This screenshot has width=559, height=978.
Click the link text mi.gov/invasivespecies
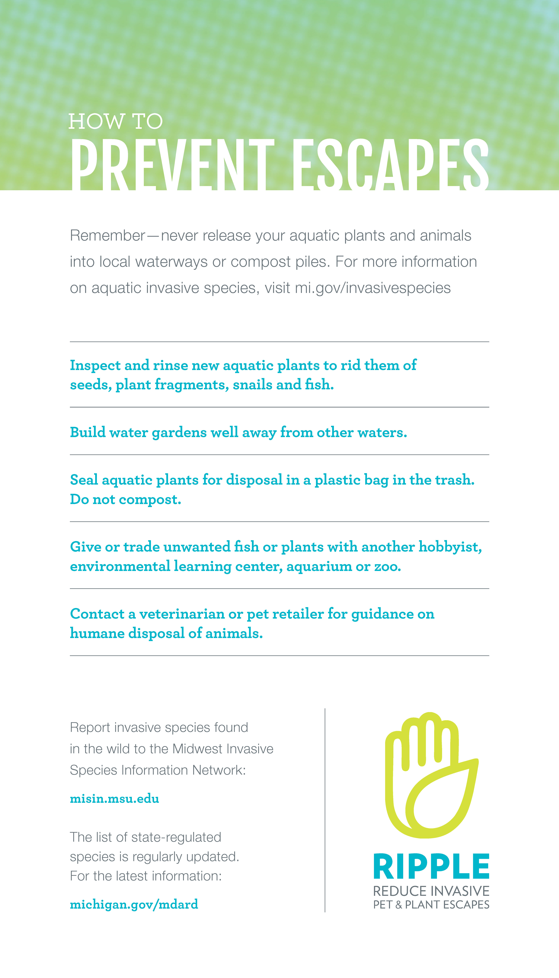click(372, 288)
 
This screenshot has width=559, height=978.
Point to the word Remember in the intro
click(107, 236)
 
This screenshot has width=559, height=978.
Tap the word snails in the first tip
click(253, 385)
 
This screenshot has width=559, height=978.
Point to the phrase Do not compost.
click(125, 499)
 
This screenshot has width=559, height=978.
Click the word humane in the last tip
click(97, 633)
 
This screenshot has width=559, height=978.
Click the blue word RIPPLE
click(431, 867)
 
